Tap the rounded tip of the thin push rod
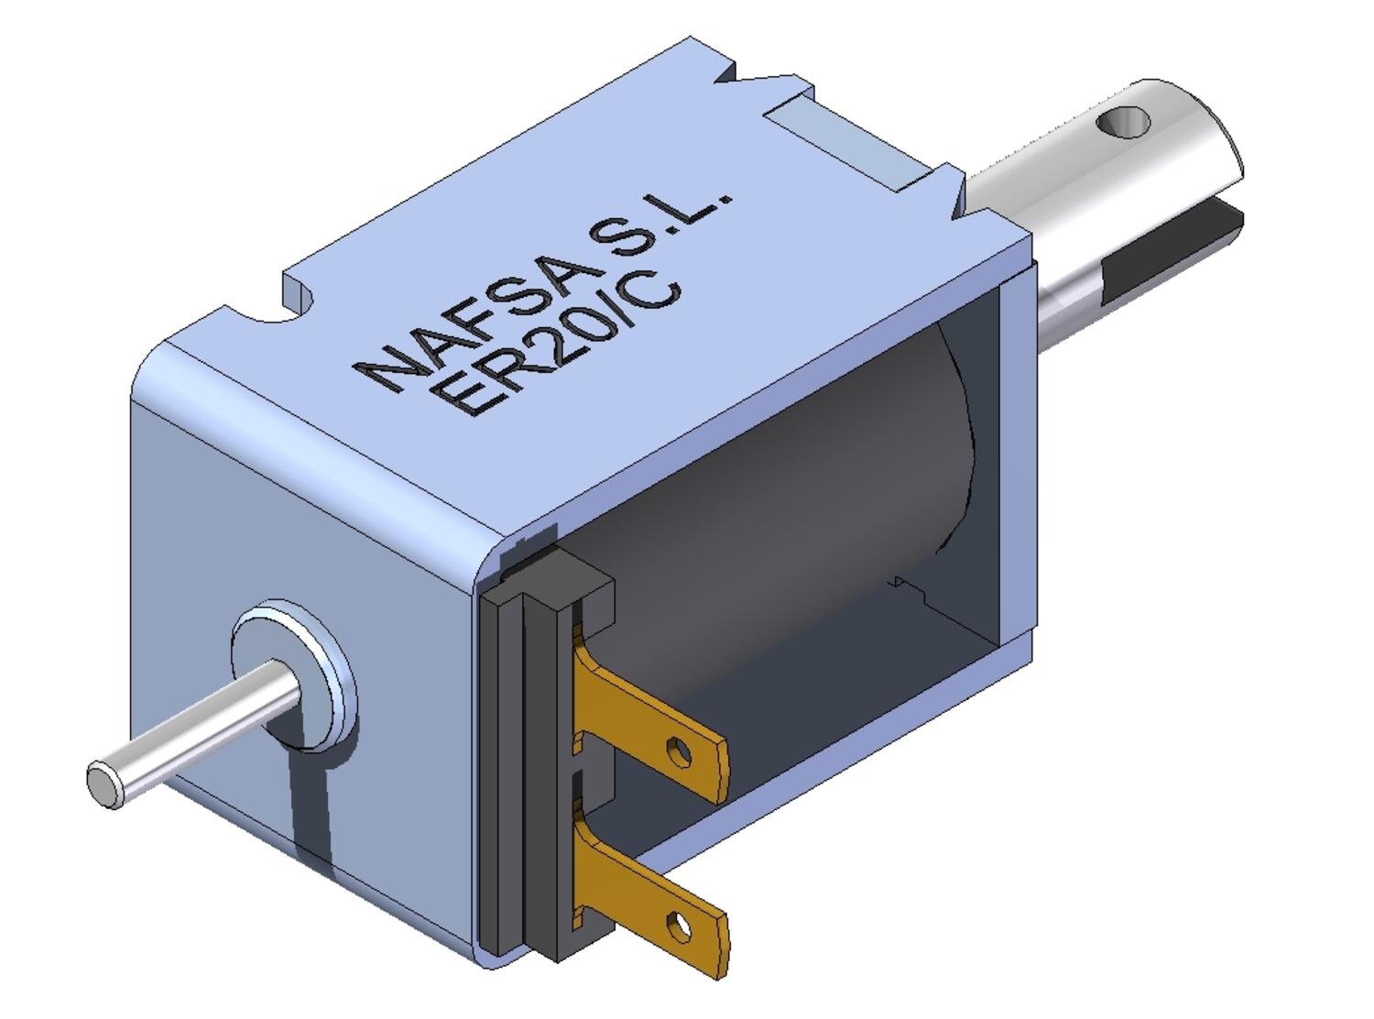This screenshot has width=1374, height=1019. point(103,784)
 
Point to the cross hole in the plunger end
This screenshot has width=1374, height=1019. point(1123,121)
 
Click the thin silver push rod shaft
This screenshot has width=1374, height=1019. point(202,729)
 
